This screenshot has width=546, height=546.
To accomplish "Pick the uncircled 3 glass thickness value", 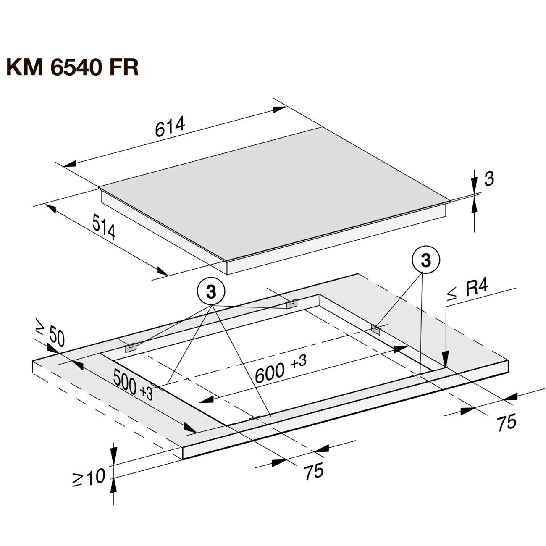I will click(x=489, y=179).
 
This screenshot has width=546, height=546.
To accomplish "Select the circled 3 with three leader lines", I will click(x=211, y=291).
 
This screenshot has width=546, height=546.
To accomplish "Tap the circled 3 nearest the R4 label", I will click(x=426, y=261).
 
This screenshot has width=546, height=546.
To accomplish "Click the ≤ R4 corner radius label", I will click(x=467, y=290).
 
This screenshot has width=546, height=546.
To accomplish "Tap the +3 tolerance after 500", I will click(x=147, y=394).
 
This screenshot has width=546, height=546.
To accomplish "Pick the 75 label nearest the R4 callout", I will click(x=506, y=422).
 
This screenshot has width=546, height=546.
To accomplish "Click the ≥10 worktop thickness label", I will click(x=89, y=477).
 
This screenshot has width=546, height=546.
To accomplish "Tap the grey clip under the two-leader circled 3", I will click(x=375, y=330).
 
